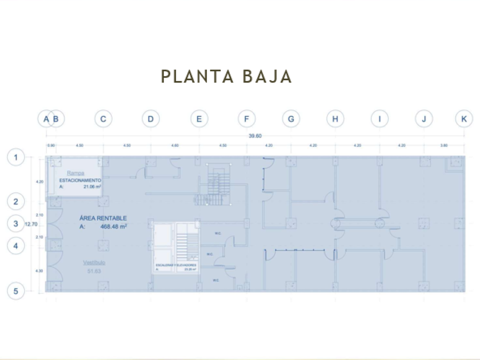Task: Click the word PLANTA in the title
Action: click(x=194, y=77)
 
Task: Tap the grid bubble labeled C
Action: click(x=103, y=119)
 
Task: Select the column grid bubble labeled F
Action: click(x=246, y=119)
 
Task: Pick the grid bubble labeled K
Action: click(x=463, y=119)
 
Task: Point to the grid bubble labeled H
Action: click(x=335, y=119)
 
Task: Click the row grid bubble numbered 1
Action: click(x=16, y=157)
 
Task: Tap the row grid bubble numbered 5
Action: click(x=16, y=291)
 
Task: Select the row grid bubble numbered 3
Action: click(x=16, y=224)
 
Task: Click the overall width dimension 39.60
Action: click(x=255, y=136)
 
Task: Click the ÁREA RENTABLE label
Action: click(x=103, y=218)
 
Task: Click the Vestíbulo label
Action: click(x=93, y=262)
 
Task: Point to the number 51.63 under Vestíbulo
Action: click(x=94, y=271)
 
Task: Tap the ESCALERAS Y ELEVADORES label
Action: click(x=176, y=265)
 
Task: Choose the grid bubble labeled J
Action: click(x=424, y=119)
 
